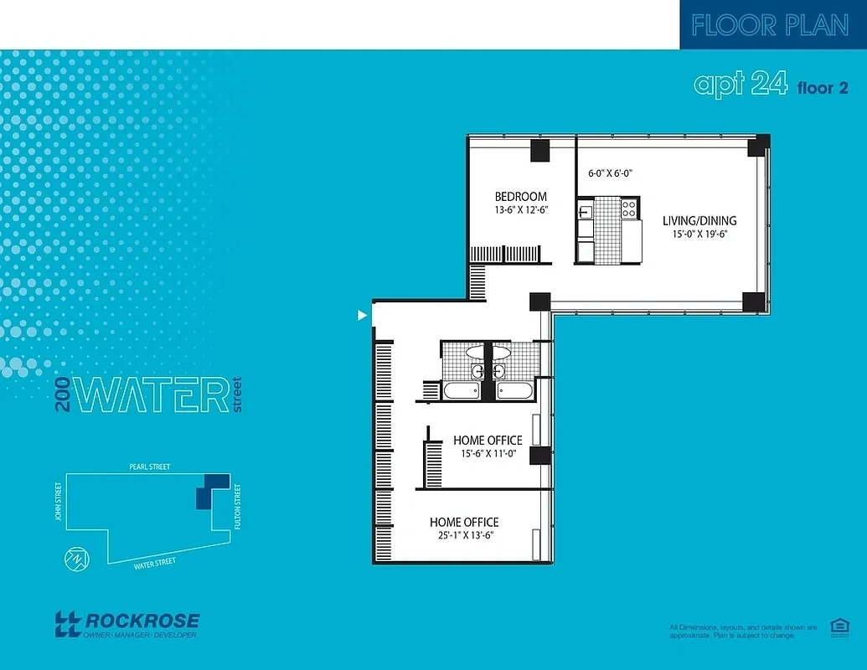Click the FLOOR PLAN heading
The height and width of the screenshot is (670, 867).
(x=770, y=25)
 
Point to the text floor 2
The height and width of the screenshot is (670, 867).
(x=816, y=87)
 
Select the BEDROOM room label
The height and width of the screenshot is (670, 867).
(x=520, y=197)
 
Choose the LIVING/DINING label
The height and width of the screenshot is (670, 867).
(x=699, y=221)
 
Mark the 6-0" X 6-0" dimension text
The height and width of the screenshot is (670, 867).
(x=610, y=173)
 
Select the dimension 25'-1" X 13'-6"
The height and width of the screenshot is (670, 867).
(x=463, y=535)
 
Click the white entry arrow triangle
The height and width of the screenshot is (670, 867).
(x=362, y=315)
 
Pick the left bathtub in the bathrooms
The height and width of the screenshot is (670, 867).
(x=462, y=390)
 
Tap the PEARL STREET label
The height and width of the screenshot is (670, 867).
(x=150, y=466)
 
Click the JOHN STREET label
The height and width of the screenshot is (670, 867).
(x=59, y=500)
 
